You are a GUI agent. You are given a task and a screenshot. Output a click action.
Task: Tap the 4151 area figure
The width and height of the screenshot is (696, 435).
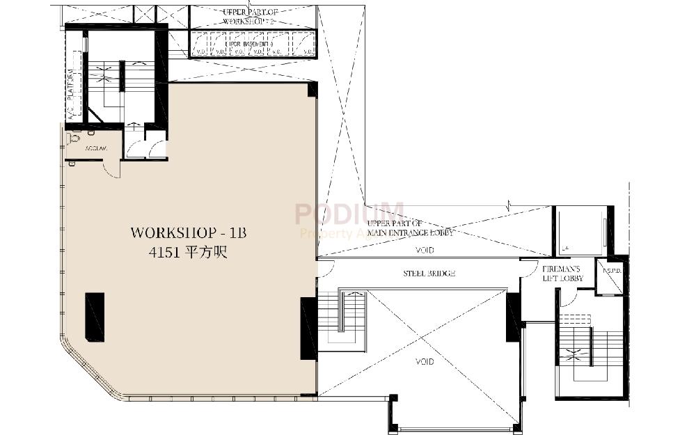188,253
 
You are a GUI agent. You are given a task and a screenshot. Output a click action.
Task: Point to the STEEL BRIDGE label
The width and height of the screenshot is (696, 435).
429,274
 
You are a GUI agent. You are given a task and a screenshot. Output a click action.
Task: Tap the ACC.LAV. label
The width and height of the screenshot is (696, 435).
96,149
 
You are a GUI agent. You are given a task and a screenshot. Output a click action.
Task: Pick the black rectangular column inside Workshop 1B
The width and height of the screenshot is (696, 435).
95,317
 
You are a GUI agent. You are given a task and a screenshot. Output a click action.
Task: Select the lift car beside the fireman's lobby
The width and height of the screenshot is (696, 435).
580,231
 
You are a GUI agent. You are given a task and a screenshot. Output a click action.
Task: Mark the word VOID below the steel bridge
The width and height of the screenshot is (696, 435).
425,362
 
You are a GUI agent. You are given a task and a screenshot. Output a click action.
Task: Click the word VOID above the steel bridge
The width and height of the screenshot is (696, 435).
425,249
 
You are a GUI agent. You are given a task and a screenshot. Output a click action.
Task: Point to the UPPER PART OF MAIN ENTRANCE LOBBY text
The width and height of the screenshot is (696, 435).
411,228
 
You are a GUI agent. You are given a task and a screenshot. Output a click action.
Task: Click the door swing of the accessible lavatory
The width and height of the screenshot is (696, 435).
111,168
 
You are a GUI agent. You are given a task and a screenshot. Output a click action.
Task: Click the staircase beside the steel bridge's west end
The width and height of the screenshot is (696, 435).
342,321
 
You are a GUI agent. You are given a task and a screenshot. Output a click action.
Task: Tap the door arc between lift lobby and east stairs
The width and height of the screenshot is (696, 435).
569,300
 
